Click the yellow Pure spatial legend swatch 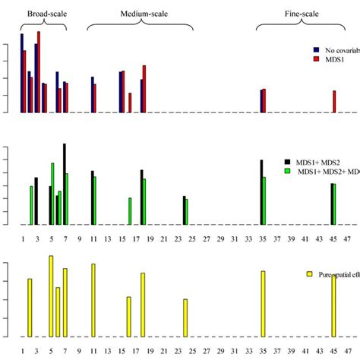point(309,273)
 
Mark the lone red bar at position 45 point(334,101)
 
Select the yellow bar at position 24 point(185,317)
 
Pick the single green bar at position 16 point(130,211)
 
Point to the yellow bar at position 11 point(93,300)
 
